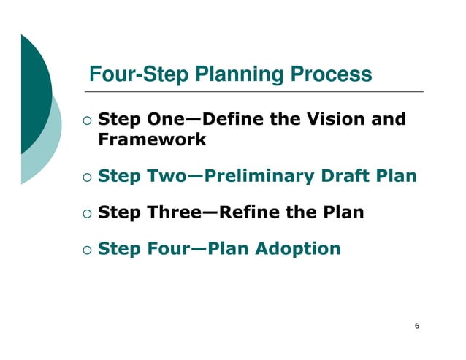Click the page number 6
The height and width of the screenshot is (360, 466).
coord(416,326)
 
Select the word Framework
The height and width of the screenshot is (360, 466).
coord(152,139)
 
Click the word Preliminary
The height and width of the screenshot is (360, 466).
coord(261,176)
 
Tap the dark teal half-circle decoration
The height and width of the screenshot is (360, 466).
coord(33,95)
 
